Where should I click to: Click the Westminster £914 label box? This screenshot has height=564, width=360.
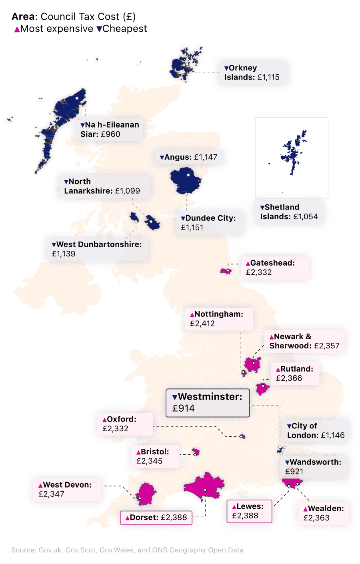(208, 403)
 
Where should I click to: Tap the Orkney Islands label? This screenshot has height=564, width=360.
(252, 72)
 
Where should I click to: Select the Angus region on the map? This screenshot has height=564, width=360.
(185, 180)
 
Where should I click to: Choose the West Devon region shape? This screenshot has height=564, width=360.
(146, 494)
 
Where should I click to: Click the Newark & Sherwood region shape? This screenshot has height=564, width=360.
(253, 364)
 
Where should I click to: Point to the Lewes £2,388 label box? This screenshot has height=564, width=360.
(249, 511)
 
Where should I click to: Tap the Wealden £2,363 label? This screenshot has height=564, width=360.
(323, 513)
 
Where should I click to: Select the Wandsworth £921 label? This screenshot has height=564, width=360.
(313, 467)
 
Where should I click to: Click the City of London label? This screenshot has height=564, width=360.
(316, 430)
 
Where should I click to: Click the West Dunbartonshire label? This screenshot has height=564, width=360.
(97, 249)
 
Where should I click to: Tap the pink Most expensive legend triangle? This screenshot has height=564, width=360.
(17, 29)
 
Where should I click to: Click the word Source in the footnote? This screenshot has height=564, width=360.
(23, 550)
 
